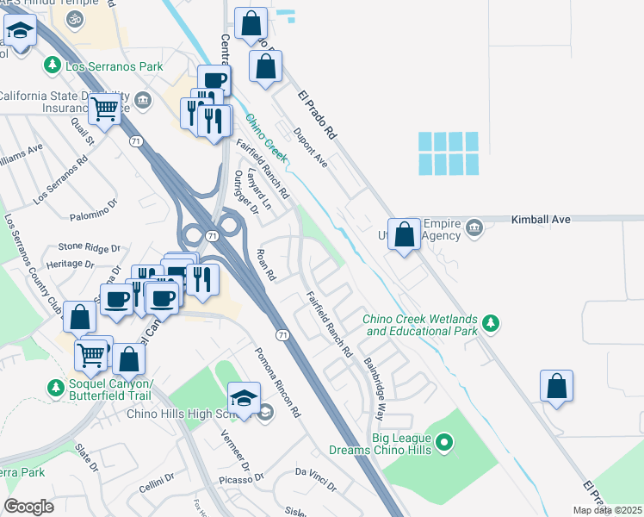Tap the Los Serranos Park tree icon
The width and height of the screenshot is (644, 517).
pyautogui.click(x=53, y=65)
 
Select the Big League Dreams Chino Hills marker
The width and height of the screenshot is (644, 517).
pyautogui.click(x=444, y=444)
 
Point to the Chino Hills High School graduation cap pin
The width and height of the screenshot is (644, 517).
pyautogui.click(x=243, y=397)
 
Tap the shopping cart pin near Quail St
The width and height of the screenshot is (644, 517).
pyautogui.click(x=104, y=109)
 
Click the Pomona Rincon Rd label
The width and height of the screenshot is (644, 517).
pyautogui.click(x=276, y=383)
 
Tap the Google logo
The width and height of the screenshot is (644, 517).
pyautogui.click(x=29, y=507)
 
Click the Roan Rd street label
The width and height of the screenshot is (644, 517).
pyautogui.click(x=266, y=265)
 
